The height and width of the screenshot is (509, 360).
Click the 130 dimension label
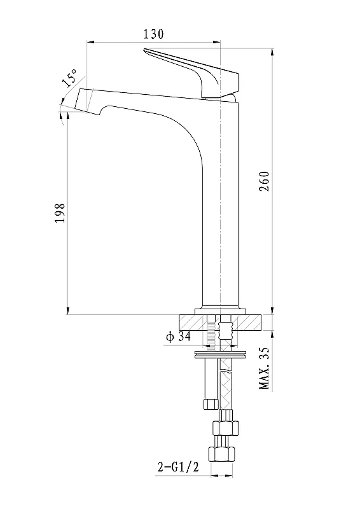(x=153, y=34)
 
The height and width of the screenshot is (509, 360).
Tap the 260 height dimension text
(x=265, y=181)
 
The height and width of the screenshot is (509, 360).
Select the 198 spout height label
(x=60, y=213)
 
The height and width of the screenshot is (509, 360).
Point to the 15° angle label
(x=69, y=78)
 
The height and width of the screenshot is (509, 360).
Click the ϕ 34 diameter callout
(x=178, y=337)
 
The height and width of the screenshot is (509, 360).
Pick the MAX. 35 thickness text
(x=264, y=368)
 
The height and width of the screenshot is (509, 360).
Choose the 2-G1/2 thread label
(x=178, y=467)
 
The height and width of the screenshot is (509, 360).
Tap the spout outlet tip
(x=88, y=101)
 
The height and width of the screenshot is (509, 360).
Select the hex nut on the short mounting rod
(x=210, y=405)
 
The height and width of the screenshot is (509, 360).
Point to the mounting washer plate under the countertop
(x=220, y=354)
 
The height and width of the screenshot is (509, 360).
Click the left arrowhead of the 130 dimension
(x=90, y=42)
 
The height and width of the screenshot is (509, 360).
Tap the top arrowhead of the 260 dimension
(x=272, y=52)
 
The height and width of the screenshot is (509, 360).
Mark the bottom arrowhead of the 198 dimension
(x=67, y=311)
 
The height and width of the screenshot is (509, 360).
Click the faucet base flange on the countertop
(x=220, y=310)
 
